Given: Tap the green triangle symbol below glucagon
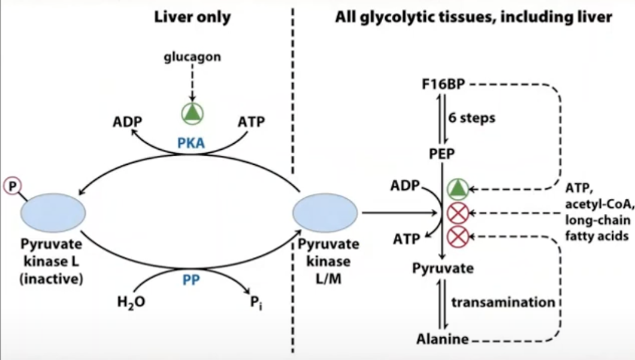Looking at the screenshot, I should click(x=192, y=113).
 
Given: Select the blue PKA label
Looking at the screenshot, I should click(x=192, y=144).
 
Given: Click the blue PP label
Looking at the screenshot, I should click(x=192, y=279).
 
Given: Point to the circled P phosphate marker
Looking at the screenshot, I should click(x=12, y=184).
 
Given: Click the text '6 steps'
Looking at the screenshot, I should click(x=472, y=117).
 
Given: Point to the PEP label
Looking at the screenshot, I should click(x=443, y=154).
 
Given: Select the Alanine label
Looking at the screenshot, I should click(x=443, y=340).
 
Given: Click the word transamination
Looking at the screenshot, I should click(x=503, y=302).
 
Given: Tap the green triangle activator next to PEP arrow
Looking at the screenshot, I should click(x=457, y=190).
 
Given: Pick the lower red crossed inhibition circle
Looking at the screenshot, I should click(x=457, y=237).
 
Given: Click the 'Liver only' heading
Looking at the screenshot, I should click(x=192, y=17).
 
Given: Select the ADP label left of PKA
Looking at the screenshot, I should click(x=127, y=122).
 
